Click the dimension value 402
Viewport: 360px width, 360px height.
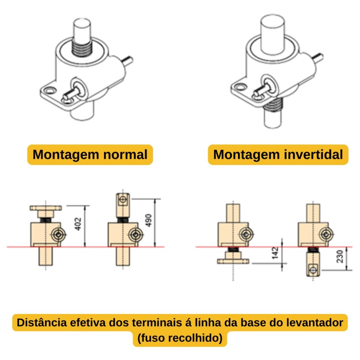click(78, 224)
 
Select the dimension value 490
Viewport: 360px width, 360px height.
click(149, 220)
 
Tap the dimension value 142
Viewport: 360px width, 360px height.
click(275, 253)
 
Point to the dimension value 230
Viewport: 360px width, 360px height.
click(340, 256)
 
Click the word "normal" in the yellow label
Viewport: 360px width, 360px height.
click(126, 154)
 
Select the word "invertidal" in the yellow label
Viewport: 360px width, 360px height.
click(314, 154)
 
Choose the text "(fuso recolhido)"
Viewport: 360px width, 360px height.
click(180, 338)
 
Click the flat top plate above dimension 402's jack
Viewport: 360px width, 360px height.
click(46, 208)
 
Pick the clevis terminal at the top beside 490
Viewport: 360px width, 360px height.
click(123, 205)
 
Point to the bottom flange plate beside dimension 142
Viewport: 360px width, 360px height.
click(233, 261)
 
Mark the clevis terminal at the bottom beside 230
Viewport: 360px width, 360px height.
click(313, 264)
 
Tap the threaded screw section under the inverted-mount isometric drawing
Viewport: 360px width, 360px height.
click(272, 105)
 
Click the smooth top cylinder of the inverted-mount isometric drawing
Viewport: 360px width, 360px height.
click(272, 34)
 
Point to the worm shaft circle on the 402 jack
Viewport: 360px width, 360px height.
click(58, 234)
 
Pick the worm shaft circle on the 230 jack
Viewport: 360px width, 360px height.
click(326, 234)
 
